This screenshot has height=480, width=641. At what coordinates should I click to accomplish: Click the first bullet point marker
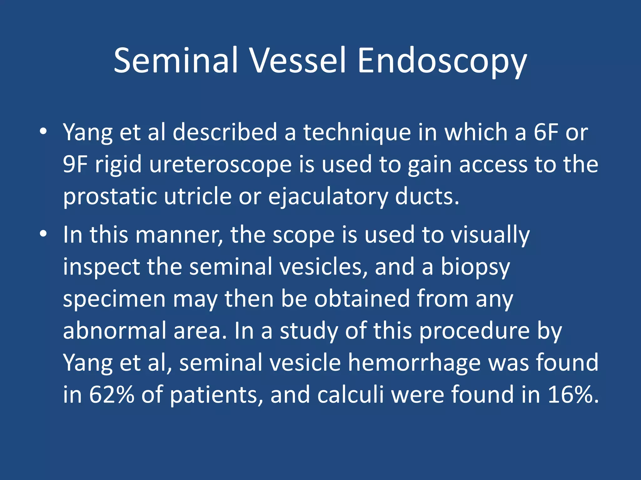tap(44, 132)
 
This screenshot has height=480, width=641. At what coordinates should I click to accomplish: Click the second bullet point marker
tap(44, 234)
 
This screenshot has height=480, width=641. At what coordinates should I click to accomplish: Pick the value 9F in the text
tap(75, 164)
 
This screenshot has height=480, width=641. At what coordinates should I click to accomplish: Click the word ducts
tap(427, 197)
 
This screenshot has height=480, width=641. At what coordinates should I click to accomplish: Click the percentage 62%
tap(111, 395)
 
